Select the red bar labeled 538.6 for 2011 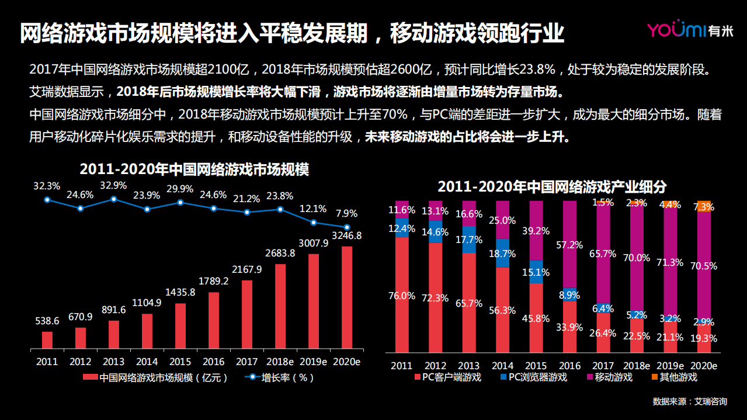click(x=47, y=341)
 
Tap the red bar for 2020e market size click(x=347, y=298)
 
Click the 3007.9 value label click(x=314, y=243)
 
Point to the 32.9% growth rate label click(x=113, y=186)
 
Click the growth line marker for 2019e click(x=314, y=223)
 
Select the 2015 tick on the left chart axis click(x=180, y=362)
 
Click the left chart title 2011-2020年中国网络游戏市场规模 click(x=194, y=170)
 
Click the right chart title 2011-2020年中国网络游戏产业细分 click(x=552, y=187)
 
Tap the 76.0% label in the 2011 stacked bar click(x=401, y=296)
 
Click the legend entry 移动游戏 click(x=613, y=377)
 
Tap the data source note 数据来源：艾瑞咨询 click(x=690, y=401)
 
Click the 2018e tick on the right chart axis click(x=638, y=366)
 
